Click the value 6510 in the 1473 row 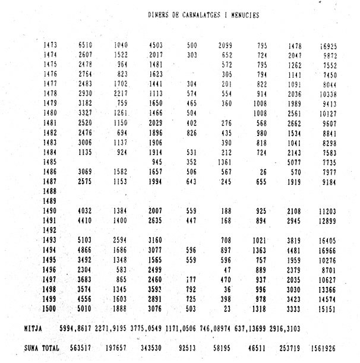(86, 45)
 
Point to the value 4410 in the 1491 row (86, 220)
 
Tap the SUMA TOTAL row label (42, 348)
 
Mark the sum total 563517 (83, 348)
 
